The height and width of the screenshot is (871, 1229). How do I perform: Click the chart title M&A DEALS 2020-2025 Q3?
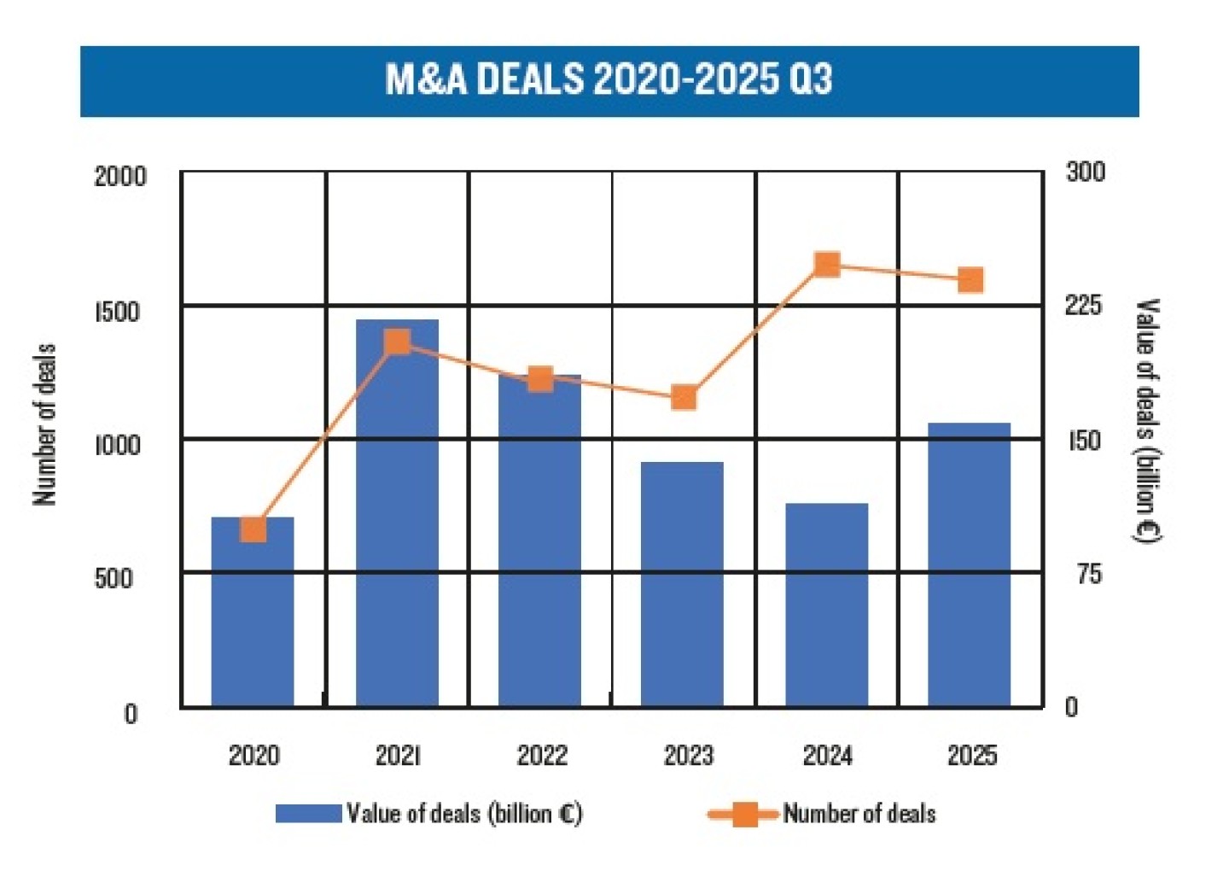[609, 79]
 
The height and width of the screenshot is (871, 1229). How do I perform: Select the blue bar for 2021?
[397, 512]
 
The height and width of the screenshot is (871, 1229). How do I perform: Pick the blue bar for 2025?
[970, 564]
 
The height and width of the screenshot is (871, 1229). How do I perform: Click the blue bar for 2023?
[682, 584]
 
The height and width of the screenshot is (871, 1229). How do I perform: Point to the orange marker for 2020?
[253, 529]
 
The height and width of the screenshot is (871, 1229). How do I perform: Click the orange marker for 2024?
[826, 265]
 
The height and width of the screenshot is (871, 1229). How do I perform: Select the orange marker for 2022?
[540, 379]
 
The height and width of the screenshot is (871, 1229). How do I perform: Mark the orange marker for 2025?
[970, 280]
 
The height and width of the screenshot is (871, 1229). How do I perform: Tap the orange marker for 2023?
[684, 398]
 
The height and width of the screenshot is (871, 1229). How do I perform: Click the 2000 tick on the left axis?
[120, 177]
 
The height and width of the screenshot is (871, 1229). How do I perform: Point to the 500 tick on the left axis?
[114, 578]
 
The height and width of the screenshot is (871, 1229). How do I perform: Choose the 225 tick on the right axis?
[1083, 306]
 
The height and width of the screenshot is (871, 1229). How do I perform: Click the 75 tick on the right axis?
[1088, 575]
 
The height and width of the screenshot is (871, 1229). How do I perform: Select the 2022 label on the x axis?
[542, 756]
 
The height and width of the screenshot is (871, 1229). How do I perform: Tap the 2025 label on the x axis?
[972, 756]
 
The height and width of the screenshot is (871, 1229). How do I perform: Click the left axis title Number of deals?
[44, 424]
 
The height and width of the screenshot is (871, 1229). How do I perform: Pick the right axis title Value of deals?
[1147, 420]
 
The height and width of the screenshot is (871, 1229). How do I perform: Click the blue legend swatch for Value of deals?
[308, 814]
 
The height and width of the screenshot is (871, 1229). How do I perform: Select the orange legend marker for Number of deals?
[743, 815]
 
